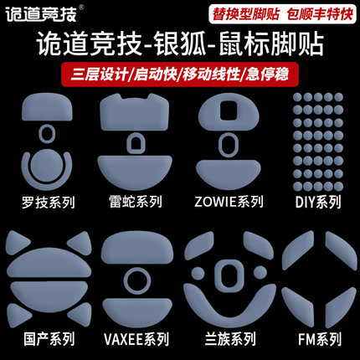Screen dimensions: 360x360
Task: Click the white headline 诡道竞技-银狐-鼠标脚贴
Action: coord(180,44)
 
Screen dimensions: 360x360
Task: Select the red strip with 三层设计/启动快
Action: coord(180,73)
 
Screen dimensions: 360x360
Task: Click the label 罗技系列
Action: coord(45,202)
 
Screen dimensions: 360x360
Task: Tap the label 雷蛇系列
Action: coord(133,202)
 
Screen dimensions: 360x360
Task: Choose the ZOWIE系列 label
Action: coord(226,202)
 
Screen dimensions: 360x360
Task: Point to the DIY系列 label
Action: coord(316,202)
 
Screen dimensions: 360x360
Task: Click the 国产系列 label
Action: coord(45,339)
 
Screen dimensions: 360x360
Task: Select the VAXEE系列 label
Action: coord(133,339)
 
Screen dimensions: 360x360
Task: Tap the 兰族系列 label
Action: coord(226,339)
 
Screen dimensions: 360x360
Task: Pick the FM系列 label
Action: coord(316,339)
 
